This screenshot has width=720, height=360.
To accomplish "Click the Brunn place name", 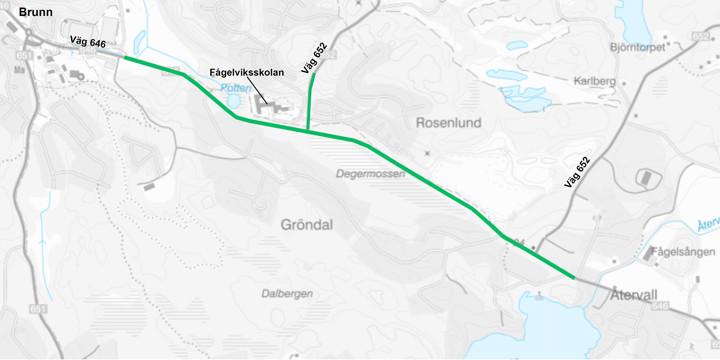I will pyautogui.click(x=22, y=14).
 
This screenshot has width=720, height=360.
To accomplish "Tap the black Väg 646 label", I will pyautogui.click(x=88, y=43).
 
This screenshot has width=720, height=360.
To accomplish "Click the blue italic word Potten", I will pyautogui.click(x=236, y=88).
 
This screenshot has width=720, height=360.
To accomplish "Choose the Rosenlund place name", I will pyautogui.click(x=448, y=123).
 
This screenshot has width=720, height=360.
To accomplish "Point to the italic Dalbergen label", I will pyautogui.click(x=287, y=293).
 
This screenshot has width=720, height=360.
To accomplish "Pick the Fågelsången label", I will pyautogui.click(x=682, y=252).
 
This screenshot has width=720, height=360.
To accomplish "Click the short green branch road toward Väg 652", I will pyautogui.click(x=310, y=100).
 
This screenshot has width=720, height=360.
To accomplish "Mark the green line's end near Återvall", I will pyautogui.click(x=572, y=277).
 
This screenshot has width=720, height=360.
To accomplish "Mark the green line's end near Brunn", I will pyautogui.click(x=124, y=58).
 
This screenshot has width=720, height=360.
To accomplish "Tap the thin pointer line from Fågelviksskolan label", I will pyautogui.click(x=262, y=88).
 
